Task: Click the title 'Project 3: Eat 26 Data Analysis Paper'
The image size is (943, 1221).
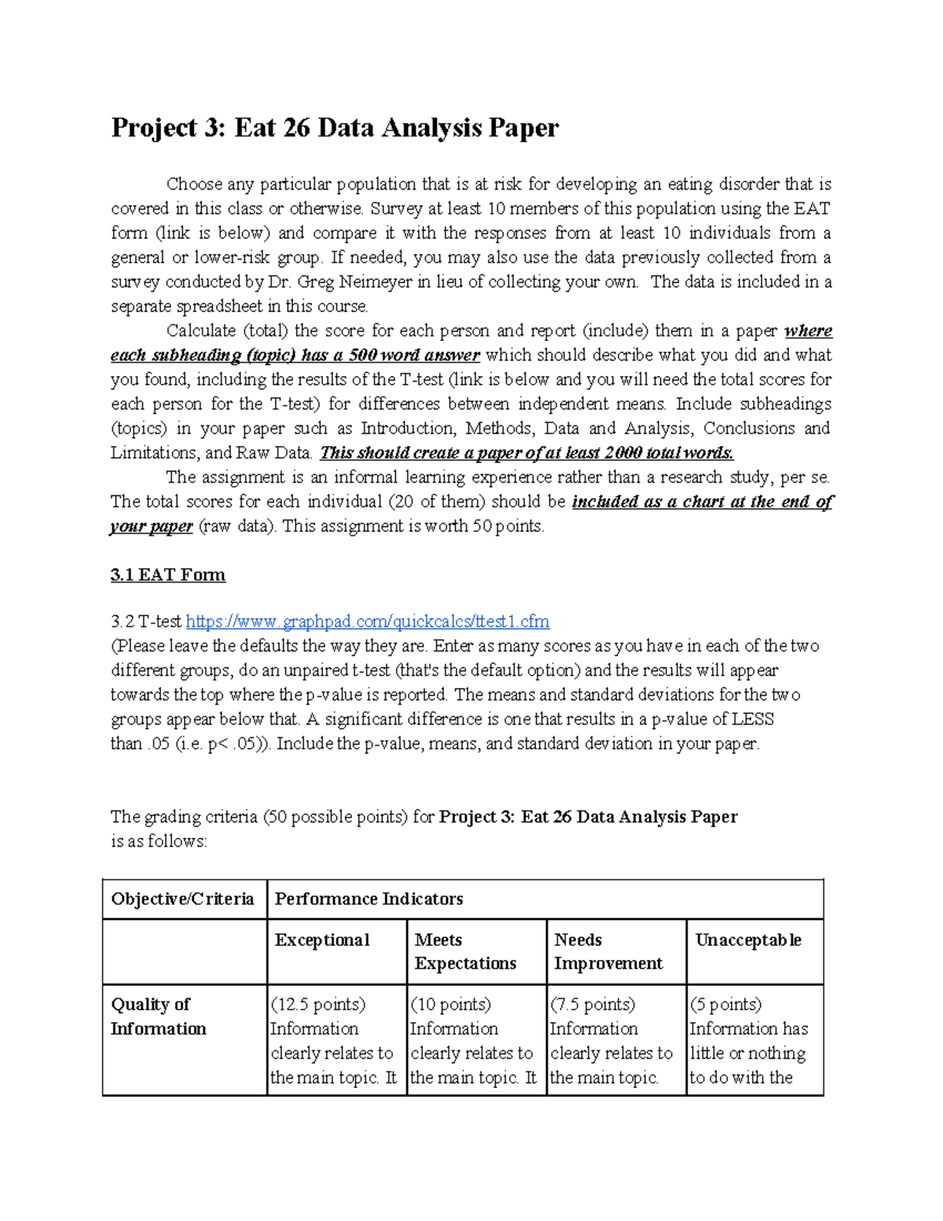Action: pyautogui.click(x=334, y=127)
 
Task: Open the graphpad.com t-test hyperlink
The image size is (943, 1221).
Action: pyautogui.click(x=367, y=622)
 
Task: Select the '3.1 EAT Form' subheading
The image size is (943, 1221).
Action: pyautogui.click(x=167, y=575)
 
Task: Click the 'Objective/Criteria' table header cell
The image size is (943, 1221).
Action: pyautogui.click(x=182, y=899)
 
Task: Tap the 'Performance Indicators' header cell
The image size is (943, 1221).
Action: pyautogui.click(x=369, y=899)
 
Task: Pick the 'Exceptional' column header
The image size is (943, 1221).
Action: pyautogui.click(x=321, y=940)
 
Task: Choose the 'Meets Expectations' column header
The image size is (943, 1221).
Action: pyautogui.click(x=464, y=951)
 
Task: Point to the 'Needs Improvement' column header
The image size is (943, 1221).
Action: pyautogui.click(x=607, y=951)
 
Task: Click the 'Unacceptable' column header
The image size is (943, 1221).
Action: pyautogui.click(x=747, y=940)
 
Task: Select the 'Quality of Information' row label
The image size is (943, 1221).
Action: pyautogui.click(x=158, y=1016)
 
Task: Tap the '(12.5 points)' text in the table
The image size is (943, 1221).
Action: pyautogui.click(x=317, y=1005)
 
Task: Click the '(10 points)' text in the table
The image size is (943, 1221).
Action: pyautogui.click(x=450, y=1005)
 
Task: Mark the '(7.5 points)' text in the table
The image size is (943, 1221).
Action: pyautogui.click(x=593, y=1005)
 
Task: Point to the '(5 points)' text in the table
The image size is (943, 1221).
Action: pyautogui.click(x=725, y=1005)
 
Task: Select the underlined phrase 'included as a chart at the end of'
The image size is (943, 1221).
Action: pyautogui.click(x=702, y=502)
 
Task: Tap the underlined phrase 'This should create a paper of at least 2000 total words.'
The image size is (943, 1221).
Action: pyautogui.click(x=527, y=453)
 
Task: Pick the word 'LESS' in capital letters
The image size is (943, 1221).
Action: pyautogui.click(x=752, y=719)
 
